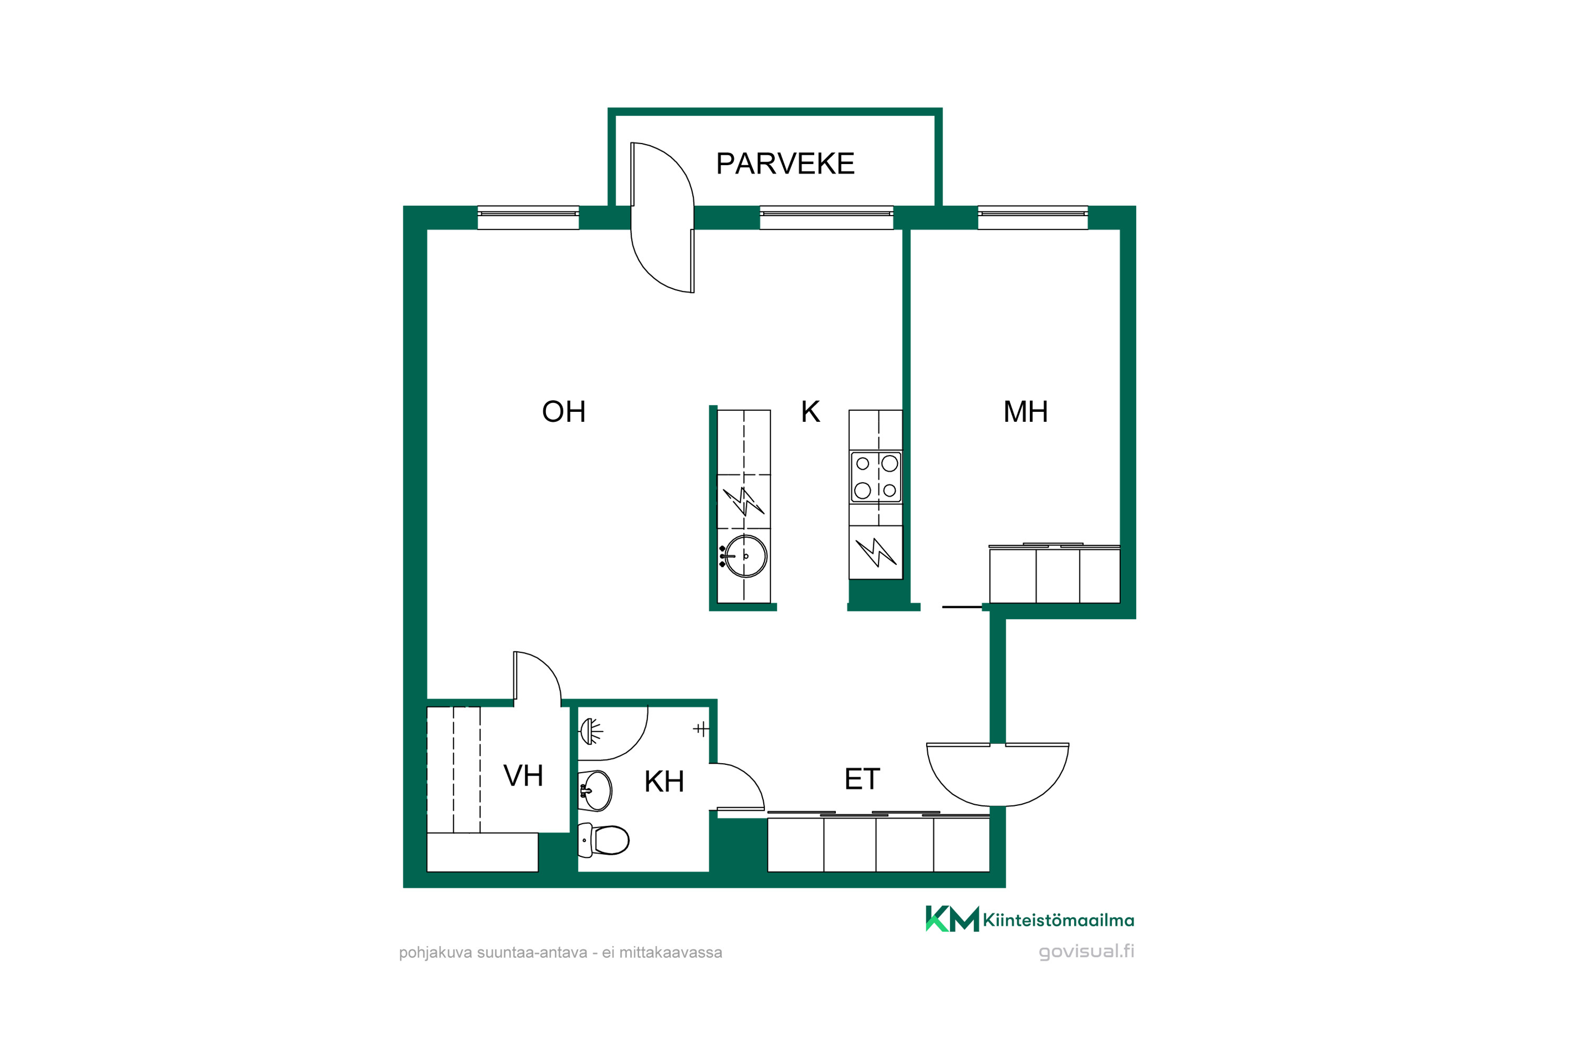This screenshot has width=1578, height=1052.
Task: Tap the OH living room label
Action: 563,412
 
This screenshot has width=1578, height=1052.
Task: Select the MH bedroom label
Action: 1025,412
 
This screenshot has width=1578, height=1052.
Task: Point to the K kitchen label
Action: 811,412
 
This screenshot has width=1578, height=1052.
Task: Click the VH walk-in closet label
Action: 523,776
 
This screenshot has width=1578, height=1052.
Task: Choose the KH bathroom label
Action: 664,782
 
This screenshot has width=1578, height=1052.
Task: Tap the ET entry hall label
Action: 862,779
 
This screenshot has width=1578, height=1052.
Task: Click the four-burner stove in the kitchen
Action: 876,477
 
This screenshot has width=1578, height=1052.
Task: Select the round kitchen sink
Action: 745,556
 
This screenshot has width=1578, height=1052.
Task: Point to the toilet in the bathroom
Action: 604,840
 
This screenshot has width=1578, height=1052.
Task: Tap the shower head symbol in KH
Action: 590,731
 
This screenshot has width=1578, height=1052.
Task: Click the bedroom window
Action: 1033,217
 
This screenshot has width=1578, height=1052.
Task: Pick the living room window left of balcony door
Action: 528,217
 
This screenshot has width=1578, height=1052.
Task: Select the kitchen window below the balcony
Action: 826,217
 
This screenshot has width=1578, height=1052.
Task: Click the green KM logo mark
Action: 952,918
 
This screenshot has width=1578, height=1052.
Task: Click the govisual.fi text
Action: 1086,952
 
